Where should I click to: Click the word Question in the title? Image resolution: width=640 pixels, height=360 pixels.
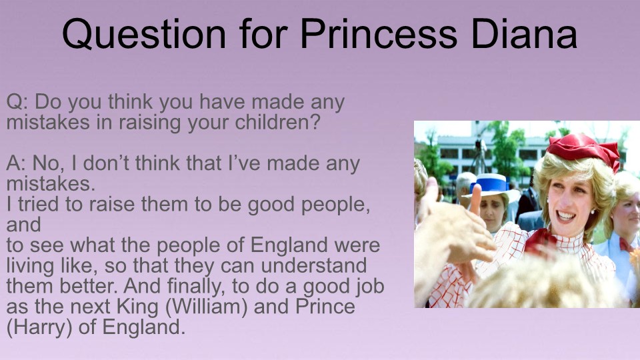pyautogui.click(x=144, y=34)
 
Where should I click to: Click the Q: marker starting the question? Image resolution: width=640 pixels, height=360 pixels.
pyautogui.click(x=17, y=102)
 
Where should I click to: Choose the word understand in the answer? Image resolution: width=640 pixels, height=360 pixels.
pyautogui.click(x=313, y=266)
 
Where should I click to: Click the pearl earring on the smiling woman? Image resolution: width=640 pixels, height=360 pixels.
pyautogui.click(x=592, y=211)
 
